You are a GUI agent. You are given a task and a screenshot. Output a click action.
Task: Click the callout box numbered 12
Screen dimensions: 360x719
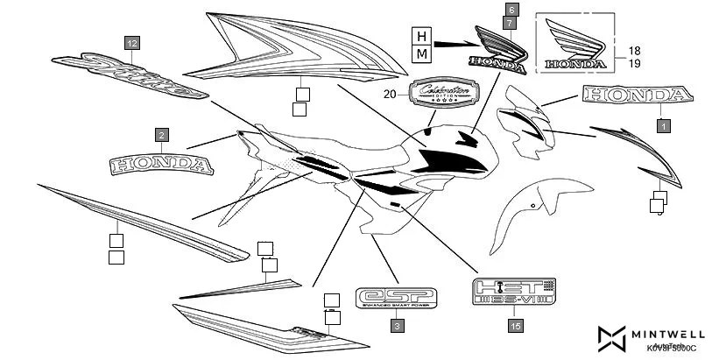(131, 43)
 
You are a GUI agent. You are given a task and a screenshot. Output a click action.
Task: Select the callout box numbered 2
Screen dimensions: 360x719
(161, 135)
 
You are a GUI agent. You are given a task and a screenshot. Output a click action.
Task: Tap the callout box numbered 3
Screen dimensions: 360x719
(397, 325)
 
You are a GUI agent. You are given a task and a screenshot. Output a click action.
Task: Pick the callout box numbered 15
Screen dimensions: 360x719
(514, 325)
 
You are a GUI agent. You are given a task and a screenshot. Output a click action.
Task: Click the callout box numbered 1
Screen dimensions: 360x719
(663, 126)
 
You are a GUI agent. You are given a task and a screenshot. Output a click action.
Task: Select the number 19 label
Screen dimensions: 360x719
(634, 64)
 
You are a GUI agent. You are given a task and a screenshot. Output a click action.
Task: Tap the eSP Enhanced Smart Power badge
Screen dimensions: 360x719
(397, 297)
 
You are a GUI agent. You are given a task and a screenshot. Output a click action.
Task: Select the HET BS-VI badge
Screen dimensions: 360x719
(514, 292)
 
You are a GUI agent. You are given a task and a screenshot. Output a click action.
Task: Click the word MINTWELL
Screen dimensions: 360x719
(671, 334)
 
